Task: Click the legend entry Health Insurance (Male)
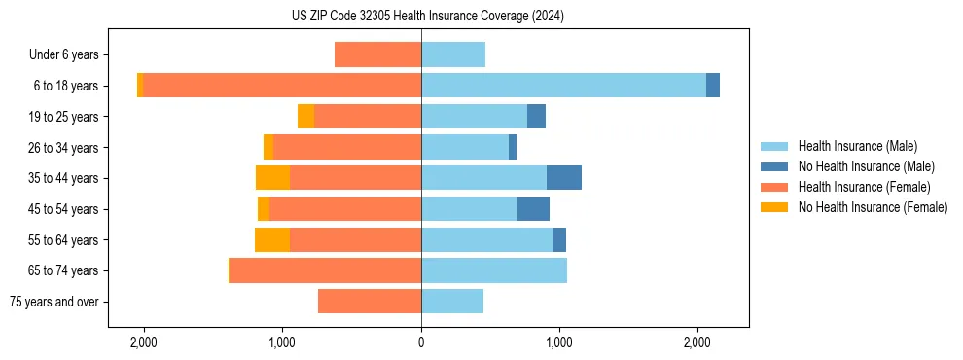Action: tap(856, 146)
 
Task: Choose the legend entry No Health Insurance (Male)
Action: tap(866, 166)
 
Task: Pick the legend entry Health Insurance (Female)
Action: tap(864, 187)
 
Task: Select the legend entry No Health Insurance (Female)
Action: tap(873, 207)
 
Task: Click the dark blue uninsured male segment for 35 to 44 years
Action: tap(564, 178)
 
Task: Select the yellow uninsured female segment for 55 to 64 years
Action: tap(272, 239)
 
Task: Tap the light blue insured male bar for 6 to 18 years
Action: tap(563, 86)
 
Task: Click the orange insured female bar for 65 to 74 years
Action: tap(326, 270)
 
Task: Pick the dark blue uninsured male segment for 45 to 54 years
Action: tap(533, 208)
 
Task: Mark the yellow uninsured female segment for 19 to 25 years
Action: tap(306, 117)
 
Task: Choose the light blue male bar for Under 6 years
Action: tap(453, 54)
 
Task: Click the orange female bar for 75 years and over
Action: tap(370, 302)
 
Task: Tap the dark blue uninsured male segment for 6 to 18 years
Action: tap(713, 86)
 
